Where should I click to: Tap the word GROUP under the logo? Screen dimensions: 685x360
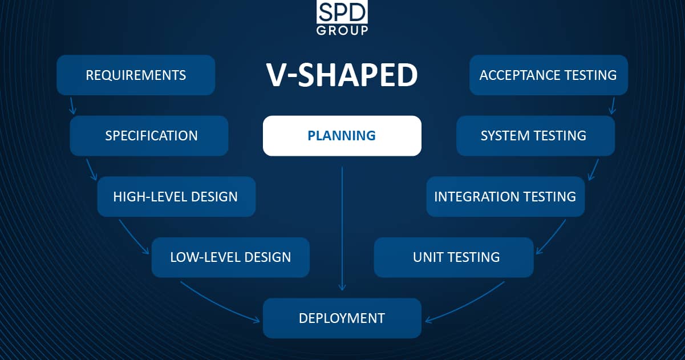point(342,31)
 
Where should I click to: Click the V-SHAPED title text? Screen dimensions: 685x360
point(342,75)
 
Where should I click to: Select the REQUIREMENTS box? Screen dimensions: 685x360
point(136,75)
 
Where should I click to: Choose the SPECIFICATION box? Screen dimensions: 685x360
point(149,136)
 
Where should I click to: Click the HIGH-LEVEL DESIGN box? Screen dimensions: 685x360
point(176,197)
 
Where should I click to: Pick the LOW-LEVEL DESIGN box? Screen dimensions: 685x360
point(230,257)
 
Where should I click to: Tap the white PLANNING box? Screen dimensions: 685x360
point(342,136)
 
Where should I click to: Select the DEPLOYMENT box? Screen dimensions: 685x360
point(342,318)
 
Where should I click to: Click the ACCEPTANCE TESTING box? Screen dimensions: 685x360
point(549,75)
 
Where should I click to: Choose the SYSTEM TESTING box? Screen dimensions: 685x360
point(536,136)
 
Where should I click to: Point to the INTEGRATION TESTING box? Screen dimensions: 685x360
point(505,197)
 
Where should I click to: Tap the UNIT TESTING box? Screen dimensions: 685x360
point(454,257)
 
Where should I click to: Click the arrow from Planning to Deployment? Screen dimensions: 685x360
point(342,228)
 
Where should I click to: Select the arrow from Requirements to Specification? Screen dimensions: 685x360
point(72,106)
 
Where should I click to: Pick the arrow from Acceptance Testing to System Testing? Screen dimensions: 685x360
point(612,106)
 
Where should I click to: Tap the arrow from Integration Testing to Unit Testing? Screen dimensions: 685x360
point(552,237)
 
